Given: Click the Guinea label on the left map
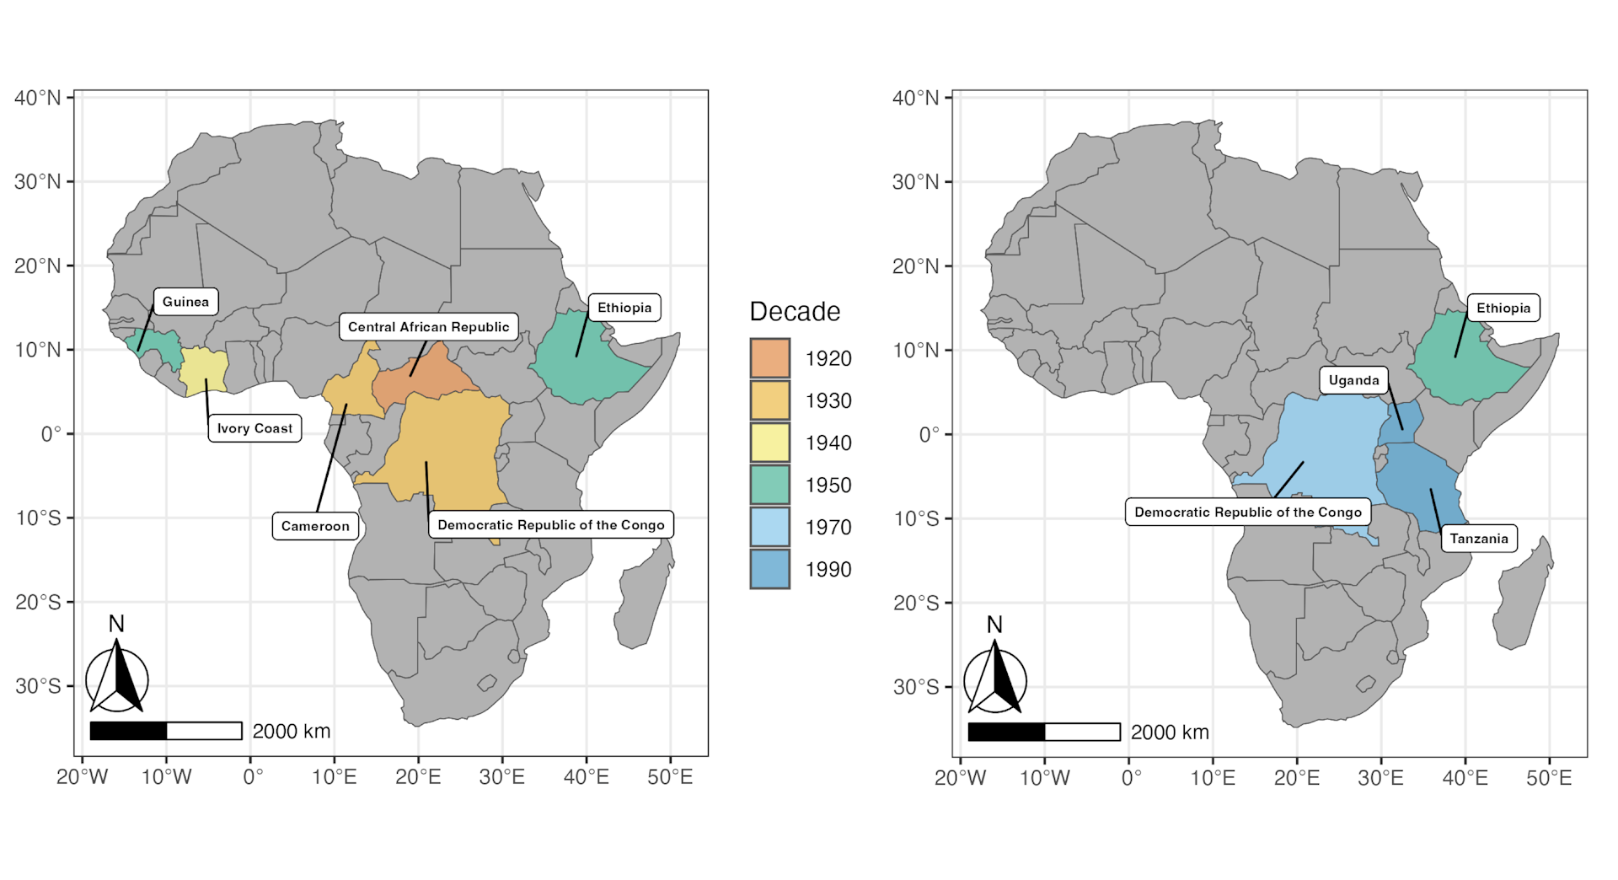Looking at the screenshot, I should (185, 302).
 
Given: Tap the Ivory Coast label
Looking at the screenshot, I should (254, 428).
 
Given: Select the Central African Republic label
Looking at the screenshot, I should (428, 327).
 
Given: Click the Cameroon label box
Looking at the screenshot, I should (315, 526).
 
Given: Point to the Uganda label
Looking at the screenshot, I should (1353, 380).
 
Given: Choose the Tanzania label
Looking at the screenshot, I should (1479, 539).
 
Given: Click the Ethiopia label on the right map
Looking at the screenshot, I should (1503, 308).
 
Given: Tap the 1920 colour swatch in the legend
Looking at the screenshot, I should (769, 358).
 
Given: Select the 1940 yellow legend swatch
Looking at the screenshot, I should (769, 443).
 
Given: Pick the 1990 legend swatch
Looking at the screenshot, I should (769, 569).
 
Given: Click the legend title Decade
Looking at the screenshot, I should (795, 312).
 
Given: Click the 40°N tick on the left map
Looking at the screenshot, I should (38, 98).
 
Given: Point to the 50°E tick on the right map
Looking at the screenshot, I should (1549, 777).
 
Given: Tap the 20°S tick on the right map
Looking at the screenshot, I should (916, 603).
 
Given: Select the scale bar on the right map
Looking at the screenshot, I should (1043, 732).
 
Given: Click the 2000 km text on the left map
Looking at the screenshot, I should (292, 732).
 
